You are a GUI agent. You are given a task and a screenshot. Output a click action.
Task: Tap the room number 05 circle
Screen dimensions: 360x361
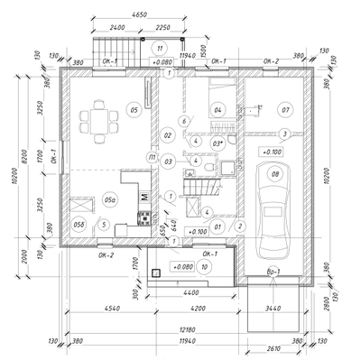133,110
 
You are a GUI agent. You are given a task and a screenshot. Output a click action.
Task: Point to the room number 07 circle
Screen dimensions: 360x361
285,110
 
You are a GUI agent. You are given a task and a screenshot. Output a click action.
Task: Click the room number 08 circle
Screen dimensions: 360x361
275,174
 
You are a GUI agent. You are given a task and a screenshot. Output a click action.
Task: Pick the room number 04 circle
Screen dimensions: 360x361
218,110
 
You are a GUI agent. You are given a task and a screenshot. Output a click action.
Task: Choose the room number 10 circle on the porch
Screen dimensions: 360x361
205,266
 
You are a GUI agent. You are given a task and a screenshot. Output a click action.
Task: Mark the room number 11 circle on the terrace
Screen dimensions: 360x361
160,47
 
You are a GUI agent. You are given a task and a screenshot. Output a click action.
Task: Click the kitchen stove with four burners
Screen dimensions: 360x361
143,217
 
